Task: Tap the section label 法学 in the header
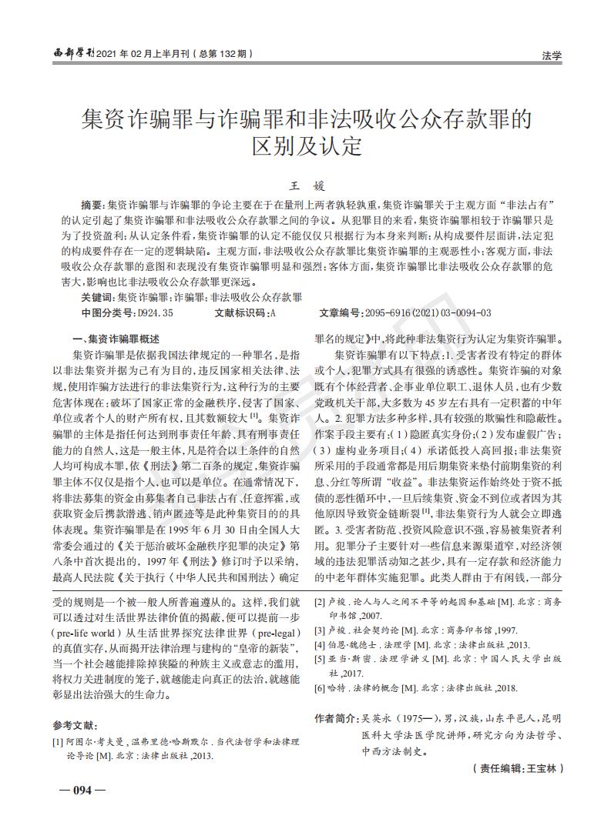coord(552,55)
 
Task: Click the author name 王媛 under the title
coord(307,185)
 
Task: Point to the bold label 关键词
coord(98,297)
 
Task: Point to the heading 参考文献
coord(75,725)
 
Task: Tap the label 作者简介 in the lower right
coord(335,718)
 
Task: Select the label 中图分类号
coord(107,313)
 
